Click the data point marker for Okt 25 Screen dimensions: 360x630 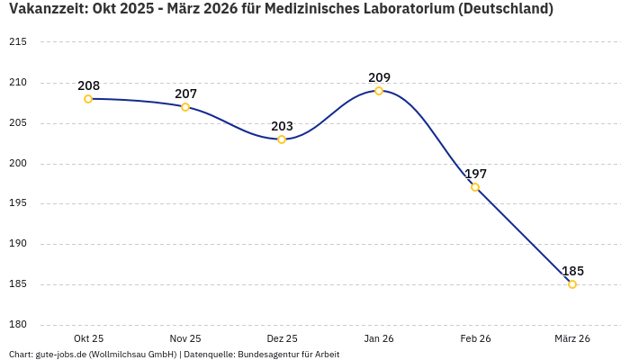pyautogui.click(x=88, y=99)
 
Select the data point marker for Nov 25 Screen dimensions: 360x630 pyautogui.click(x=185, y=107)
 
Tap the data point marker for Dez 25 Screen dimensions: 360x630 pyautogui.click(x=282, y=139)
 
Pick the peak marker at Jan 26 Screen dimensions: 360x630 pyautogui.click(x=379, y=91)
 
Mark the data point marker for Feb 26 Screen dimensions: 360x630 pyautogui.click(x=475, y=187)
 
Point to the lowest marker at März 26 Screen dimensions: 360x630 pyautogui.click(x=572, y=284)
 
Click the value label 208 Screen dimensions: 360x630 pyautogui.click(x=88, y=86)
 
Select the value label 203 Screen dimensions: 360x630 pyautogui.click(x=282, y=126)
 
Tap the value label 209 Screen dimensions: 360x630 pyautogui.click(x=379, y=77)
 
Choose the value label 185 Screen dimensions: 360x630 pyautogui.click(x=572, y=271)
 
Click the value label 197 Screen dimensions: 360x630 pyautogui.click(x=475, y=174)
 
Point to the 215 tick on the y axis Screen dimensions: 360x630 pyautogui.click(x=18, y=42)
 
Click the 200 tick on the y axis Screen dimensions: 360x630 pyautogui.click(x=18, y=164)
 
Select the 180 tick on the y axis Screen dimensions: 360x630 pyautogui.click(x=18, y=325)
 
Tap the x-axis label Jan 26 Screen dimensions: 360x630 pyautogui.click(x=379, y=338)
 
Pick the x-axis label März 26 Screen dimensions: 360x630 pyautogui.click(x=572, y=338)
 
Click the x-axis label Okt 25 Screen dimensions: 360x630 pyautogui.click(x=88, y=338)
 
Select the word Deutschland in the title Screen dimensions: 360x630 pyautogui.click(x=505, y=9)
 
